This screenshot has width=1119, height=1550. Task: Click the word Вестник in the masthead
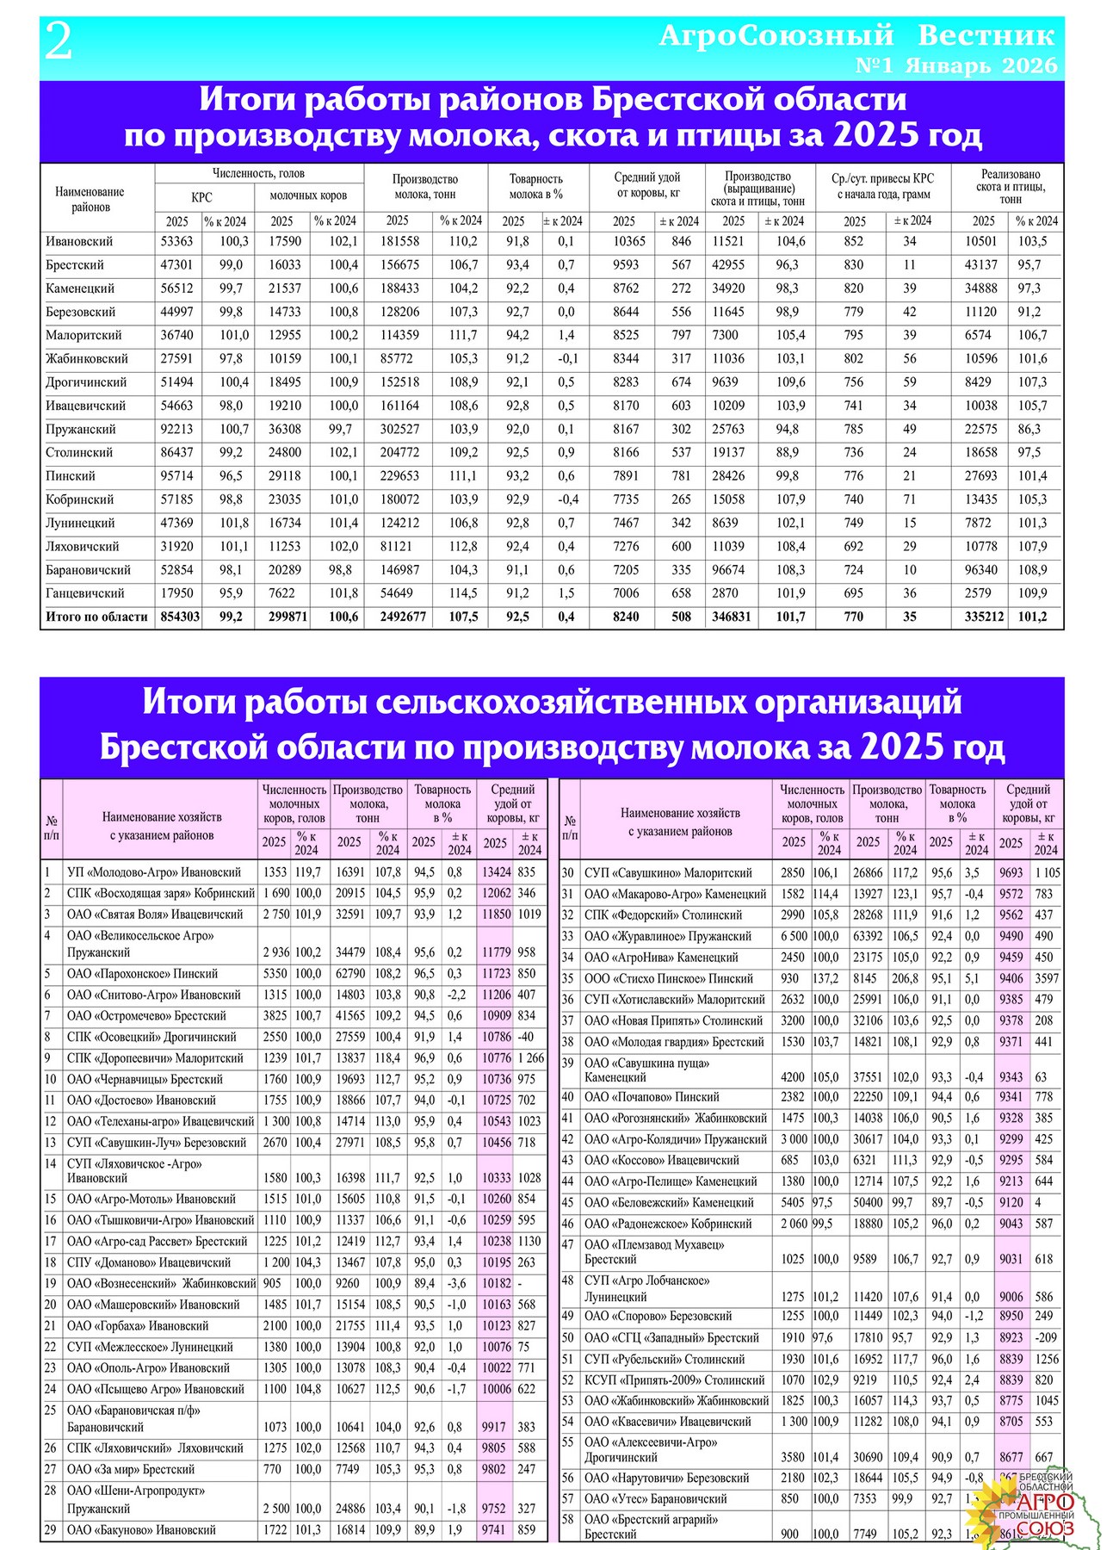tap(986, 35)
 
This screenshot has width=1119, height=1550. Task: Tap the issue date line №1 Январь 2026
tap(956, 65)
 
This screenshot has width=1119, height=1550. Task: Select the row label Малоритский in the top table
tap(83, 335)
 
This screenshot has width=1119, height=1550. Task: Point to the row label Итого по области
tap(96, 617)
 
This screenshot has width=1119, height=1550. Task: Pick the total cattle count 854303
tap(180, 617)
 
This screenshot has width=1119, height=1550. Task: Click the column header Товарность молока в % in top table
tap(536, 186)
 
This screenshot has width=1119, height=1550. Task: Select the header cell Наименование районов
tap(90, 199)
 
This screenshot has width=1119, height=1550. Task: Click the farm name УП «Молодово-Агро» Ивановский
tap(154, 872)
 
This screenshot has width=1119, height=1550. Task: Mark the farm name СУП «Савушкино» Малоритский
tap(668, 873)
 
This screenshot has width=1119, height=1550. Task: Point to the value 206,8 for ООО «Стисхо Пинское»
tap(906, 978)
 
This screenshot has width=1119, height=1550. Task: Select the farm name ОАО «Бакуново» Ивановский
tap(141, 1529)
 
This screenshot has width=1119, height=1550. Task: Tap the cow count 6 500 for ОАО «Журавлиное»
tap(794, 936)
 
